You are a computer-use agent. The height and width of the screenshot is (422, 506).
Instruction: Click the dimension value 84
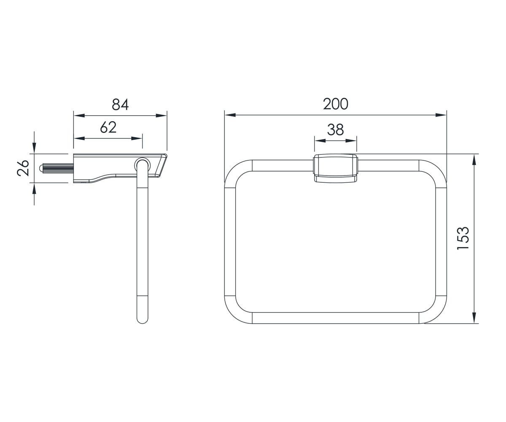(120, 104)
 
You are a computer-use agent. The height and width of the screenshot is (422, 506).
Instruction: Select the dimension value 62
(108, 127)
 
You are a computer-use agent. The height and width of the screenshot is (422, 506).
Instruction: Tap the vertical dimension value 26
(23, 168)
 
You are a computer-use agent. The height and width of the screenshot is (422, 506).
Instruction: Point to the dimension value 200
(336, 104)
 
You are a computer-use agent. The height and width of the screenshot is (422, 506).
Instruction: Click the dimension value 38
(335, 130)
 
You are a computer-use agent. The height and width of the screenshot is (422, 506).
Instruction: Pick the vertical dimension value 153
(463, 238)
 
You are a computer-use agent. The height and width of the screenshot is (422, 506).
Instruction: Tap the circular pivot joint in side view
(142, 165)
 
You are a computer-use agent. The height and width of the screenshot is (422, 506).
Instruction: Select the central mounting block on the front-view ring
(336, 168)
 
